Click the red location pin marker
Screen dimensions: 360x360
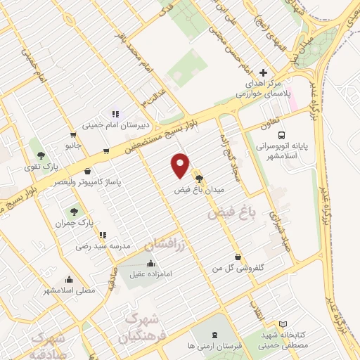point(181,165)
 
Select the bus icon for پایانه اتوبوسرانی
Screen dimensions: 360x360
point(281,135)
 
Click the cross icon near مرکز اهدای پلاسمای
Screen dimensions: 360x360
point(264,72)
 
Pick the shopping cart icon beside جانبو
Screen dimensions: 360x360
point(72,135)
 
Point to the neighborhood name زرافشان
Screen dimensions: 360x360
point(167,244)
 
